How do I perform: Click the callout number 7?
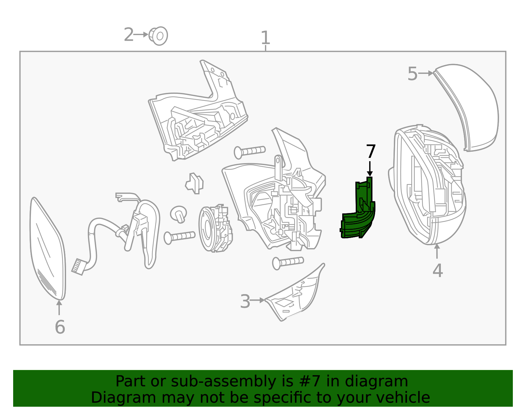(371, 152)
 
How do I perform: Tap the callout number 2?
(129, 35)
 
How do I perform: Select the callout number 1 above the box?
(265, 38)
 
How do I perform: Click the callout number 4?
(437, 270)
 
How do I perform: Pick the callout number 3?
(245, 301)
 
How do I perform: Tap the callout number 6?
(60, 327)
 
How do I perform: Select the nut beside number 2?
(159, 35)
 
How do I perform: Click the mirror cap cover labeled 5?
(470, 105)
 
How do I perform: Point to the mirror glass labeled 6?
(48, 249)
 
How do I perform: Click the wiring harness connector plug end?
(78, 266)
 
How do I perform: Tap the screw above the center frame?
(250, 151)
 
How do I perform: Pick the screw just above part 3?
(288, 262)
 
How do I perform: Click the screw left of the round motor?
(179, 236)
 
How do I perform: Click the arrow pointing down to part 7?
(370, 169)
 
